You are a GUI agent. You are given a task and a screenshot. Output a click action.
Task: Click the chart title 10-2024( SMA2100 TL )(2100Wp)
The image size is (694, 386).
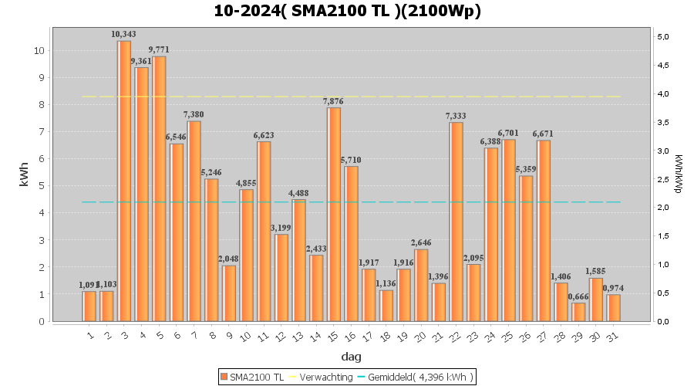click(x=347, y=11)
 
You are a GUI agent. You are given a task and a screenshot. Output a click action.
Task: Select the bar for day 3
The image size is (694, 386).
click(x=124, y=181)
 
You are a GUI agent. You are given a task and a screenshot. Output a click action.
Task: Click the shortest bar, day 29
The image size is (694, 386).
click(x=578, y=312)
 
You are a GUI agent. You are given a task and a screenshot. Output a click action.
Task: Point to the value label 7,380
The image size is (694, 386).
click(x=194, y=114)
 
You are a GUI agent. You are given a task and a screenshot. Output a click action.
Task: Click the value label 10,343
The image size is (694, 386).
click(x=124, y=34)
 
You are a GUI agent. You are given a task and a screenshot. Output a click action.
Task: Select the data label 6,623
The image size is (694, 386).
click(x=264, y=135)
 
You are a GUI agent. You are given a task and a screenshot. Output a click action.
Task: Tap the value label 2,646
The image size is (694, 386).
click(x=421, y=243)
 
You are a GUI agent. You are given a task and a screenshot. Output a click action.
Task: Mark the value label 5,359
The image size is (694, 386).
click(x=526, y=169)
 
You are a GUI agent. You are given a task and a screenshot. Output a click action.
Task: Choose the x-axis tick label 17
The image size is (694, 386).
click(x=368, y=337)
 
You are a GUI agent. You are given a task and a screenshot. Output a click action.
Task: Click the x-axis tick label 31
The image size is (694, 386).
click(x=612, y=337)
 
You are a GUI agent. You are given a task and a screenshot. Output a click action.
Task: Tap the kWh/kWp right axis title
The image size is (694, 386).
click(x=678, y=174)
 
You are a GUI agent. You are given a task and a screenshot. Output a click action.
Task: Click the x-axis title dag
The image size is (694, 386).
click(x=351, y=357)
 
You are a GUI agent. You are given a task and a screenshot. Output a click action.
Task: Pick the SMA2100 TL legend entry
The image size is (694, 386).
click(x=252, y=377)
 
